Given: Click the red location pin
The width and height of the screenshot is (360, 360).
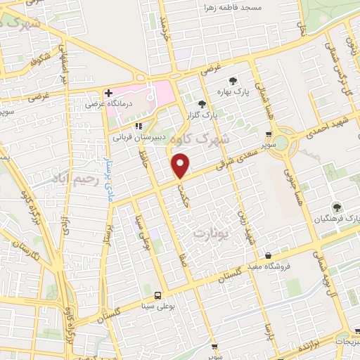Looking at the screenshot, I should point(181,166).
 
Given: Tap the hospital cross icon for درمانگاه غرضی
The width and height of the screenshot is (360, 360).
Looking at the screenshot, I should point(108,92).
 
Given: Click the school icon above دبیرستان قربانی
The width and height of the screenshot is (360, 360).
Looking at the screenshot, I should point(138,126).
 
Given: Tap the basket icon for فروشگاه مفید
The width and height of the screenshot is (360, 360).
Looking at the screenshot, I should point(267,255).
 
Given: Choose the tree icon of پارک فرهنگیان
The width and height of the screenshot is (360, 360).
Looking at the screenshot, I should point(337,207).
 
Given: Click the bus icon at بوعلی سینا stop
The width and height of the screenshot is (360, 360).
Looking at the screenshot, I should point(157,296).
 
